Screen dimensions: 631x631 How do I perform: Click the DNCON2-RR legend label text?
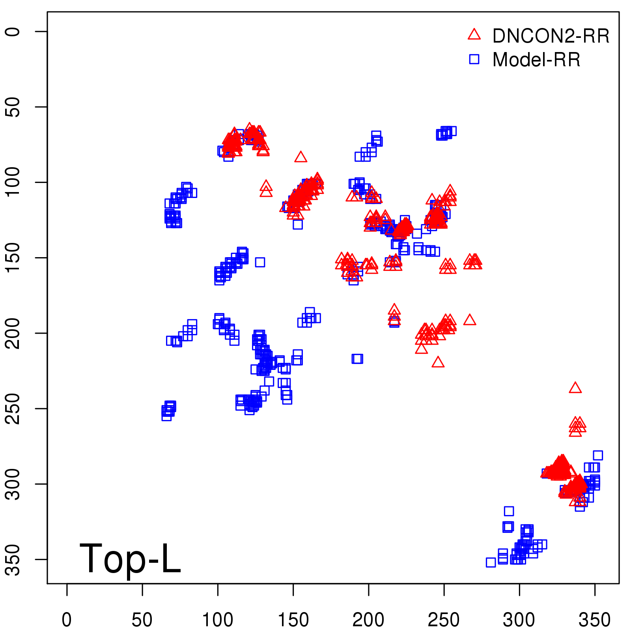551,36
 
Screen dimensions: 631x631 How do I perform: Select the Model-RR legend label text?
536,60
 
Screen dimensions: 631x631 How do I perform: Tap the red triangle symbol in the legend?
474,35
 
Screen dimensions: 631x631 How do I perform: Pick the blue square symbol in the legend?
474,59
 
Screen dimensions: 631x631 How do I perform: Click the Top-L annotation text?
130,558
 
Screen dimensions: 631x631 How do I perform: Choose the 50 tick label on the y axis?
13,107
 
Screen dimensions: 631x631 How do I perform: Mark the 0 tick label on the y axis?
13,32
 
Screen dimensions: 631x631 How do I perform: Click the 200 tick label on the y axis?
13,333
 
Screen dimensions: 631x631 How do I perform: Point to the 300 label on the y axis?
13,484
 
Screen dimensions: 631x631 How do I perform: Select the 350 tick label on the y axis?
13,560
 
